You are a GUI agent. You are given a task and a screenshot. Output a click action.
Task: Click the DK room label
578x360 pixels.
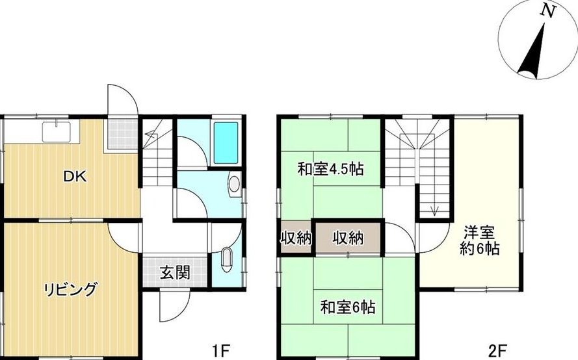click(x=75, y=177)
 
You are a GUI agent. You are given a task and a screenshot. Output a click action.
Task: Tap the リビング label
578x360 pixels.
click(x=71, y=290)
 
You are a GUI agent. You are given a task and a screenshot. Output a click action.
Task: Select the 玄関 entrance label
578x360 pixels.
click(x=175, y=273)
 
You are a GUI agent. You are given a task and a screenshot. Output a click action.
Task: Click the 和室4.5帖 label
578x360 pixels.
click(x=331, y=169)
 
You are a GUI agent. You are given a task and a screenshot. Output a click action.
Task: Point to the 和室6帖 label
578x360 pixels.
click(x=348, y=307)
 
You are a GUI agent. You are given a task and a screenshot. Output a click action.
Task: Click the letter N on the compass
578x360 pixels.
click(x=548, y=12)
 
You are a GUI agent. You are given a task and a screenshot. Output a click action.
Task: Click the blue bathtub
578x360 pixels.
click(x=226, y=142)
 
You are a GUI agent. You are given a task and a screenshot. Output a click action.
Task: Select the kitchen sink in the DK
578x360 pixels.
click(x=57, y=132)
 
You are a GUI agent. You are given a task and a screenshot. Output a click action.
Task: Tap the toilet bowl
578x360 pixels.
click(x=226, y=260)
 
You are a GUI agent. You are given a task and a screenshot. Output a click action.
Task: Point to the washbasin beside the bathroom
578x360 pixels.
click(x=234, y=183)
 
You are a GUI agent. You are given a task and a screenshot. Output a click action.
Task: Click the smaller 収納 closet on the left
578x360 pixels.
click(x=296, y=238)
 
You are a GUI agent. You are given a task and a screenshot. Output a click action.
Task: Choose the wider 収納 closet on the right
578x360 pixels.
click(x=348, y=238)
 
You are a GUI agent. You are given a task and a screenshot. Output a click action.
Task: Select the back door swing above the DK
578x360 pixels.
click(x=122, y=101)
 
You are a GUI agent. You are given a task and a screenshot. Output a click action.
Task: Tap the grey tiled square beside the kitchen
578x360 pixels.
click(x=122, y=134)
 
